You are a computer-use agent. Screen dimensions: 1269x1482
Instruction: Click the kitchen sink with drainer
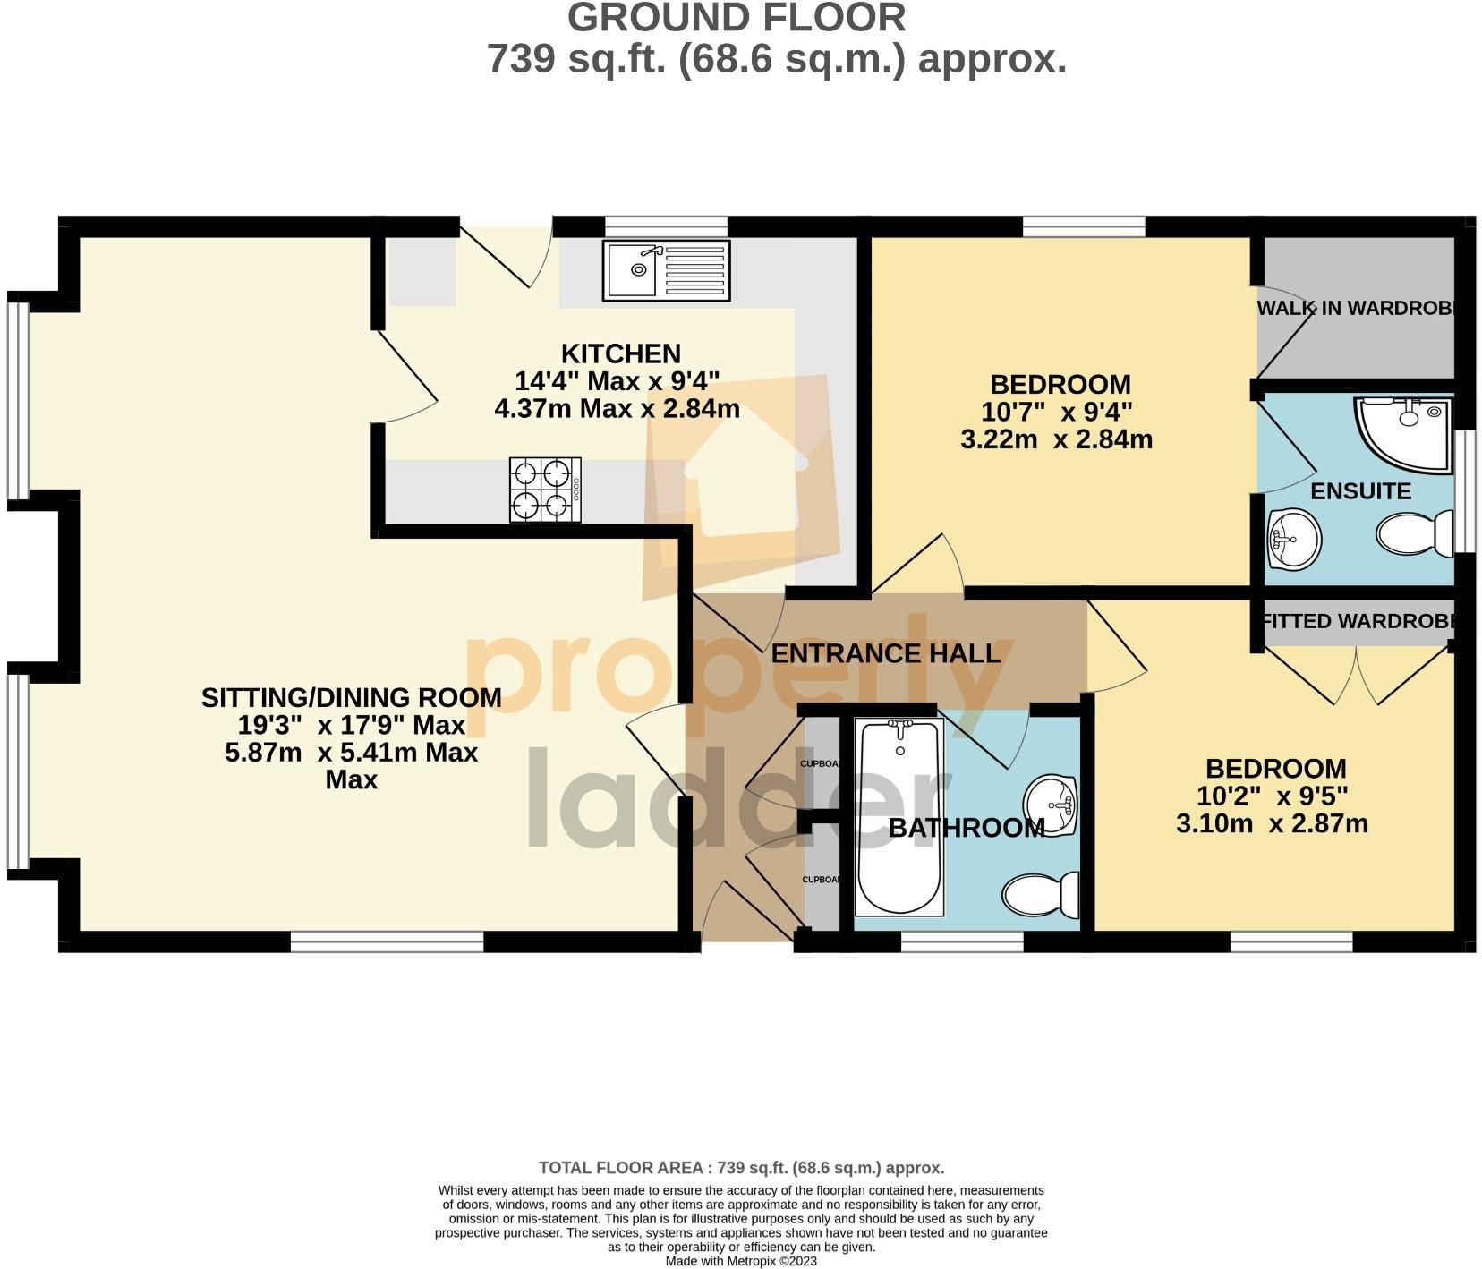coord(666,269)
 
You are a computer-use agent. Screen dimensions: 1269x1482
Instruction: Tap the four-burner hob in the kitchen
coord(544,490)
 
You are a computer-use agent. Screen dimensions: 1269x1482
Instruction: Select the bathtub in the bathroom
coord(899,816)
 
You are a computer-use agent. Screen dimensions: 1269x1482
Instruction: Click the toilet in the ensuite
coord(1415,534)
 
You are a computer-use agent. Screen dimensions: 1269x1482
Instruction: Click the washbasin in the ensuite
coord(1294,538)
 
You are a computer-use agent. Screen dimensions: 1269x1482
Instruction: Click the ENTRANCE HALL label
coord(885,653)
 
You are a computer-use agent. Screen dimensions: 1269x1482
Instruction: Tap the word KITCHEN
coord(620,353)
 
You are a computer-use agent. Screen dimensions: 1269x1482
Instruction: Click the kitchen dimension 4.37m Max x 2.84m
coord(617,409)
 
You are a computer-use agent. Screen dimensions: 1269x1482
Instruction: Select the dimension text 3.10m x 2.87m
coord(1272,823)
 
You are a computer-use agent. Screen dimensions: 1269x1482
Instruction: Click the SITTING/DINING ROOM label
coord(351,697)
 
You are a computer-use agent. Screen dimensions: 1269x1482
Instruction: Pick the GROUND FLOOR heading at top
coord(737,18)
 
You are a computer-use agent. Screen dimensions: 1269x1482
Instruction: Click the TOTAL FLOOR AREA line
coord(741,1168)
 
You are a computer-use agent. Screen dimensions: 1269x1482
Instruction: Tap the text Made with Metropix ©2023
coord(741,1261)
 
